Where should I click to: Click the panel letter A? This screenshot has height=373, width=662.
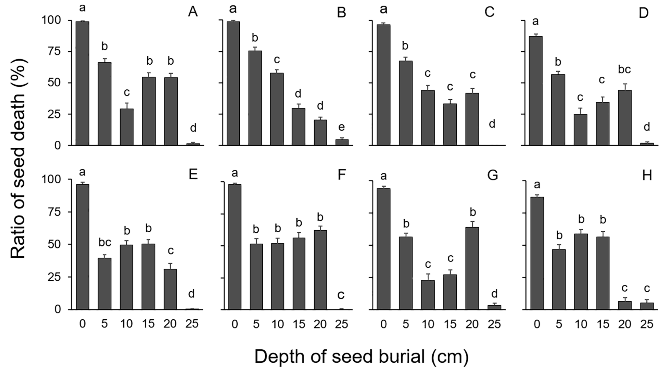coord(193,12)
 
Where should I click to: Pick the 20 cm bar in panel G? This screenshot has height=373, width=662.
coord(472,268)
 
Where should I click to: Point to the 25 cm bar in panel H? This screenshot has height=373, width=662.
coord(647,306)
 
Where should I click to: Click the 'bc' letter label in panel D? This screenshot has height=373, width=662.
coord(624,70)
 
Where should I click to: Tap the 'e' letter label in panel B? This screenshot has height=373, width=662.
coord(341,127)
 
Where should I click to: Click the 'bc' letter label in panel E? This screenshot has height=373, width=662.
coord(104,242)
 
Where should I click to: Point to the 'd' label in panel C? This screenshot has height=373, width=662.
coord(492,124)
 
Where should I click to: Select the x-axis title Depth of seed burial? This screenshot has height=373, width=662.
coord(362,357)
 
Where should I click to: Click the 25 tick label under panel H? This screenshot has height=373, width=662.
coord(647,324)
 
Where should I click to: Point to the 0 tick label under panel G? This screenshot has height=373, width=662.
coord(383,324)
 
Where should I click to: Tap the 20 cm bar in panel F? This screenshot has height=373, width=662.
coord(320,270)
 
